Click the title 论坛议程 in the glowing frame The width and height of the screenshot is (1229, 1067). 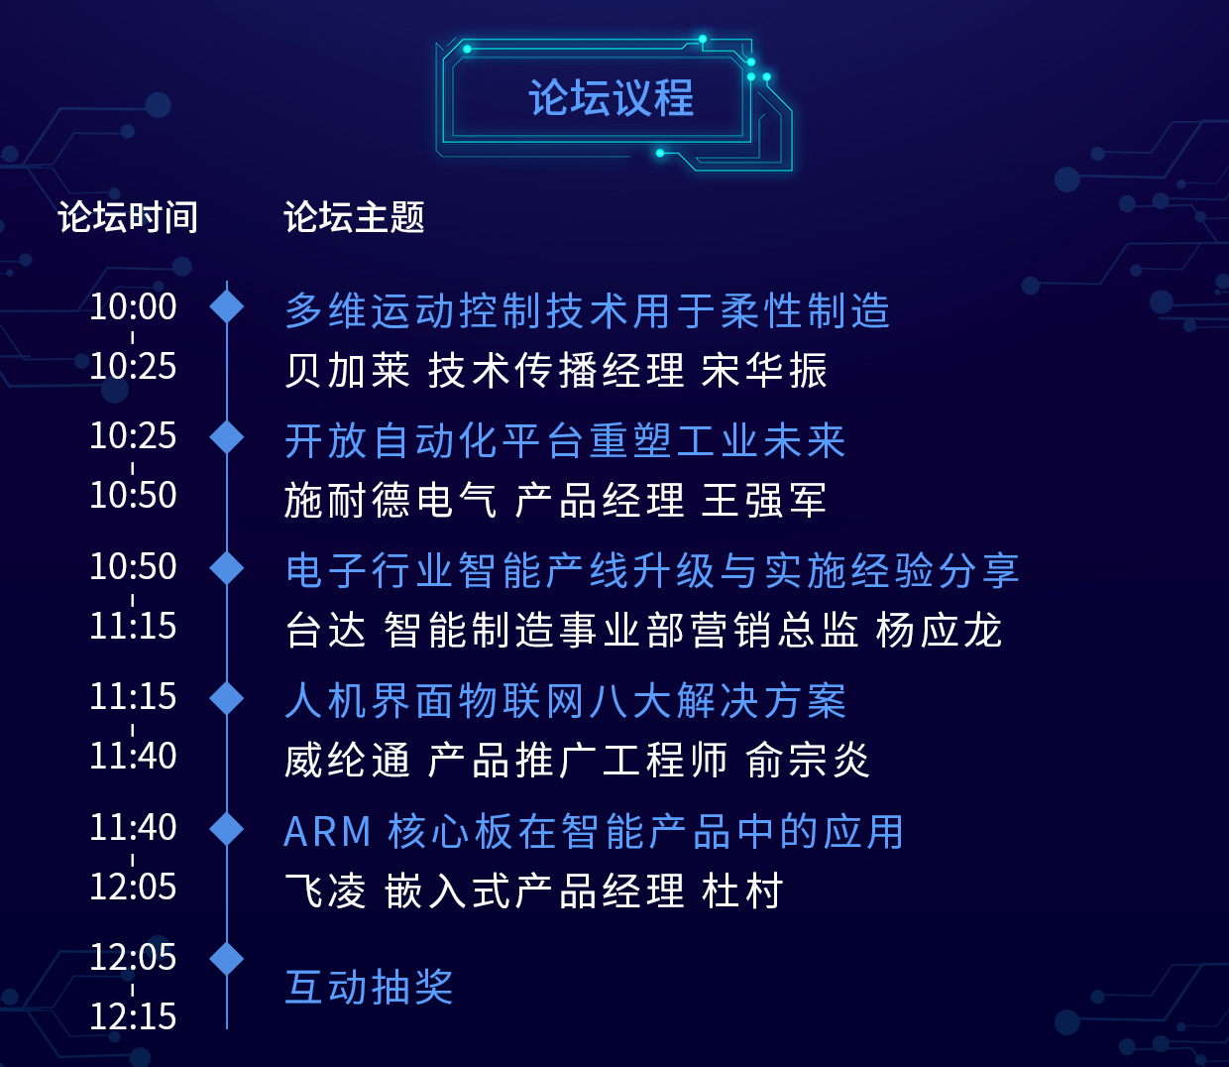[x=611, y=98]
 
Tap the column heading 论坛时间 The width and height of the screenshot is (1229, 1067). [x=127, y=217]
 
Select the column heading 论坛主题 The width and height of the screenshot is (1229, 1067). [x=354, y=217]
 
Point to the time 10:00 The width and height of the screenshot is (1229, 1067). [x=133, y=306]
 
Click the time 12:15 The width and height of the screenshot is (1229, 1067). [x=133, y=1016]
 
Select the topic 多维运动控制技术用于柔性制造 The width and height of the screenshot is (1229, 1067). [x=587, y=310]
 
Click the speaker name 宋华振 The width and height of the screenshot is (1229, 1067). [x=764, y=370]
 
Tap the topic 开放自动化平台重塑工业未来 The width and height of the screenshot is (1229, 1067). [x=565, y=441]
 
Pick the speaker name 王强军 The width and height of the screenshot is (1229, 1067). [x=764, y=500]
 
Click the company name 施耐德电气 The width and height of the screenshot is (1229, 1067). [x=391, y=500]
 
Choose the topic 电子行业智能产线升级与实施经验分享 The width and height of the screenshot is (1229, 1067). [x=652, y=571]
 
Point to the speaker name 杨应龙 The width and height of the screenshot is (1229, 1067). [x=939, y=631]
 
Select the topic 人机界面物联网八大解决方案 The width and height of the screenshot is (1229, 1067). [x=565, y=701]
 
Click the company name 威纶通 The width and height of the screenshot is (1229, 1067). [x=347, y=760]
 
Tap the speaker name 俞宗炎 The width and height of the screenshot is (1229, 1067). [x=808, y=760]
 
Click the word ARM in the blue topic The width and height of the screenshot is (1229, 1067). [x=327, y=832]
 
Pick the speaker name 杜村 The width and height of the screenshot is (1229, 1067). [x=742, y=890]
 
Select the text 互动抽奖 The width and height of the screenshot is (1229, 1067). [x=369, y=987]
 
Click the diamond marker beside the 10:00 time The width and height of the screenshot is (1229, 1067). [x=226, y=306]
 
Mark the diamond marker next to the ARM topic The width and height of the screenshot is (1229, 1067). [x=226, y=829]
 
